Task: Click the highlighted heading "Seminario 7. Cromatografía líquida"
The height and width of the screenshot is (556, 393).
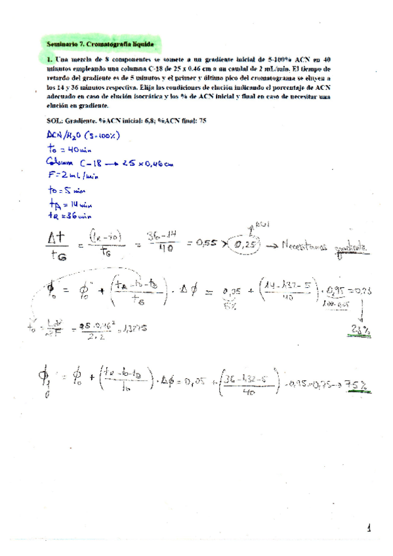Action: pyautogui.click(x=100, y=44)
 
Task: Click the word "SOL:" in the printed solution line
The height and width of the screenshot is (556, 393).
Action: pyautogui.click(x=56, y=121)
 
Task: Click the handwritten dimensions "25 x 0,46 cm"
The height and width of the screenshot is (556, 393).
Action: pyautogui.click(x=146, y=162)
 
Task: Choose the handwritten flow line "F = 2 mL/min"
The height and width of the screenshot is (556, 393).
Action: pyautogui.click(x=73, y=176)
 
